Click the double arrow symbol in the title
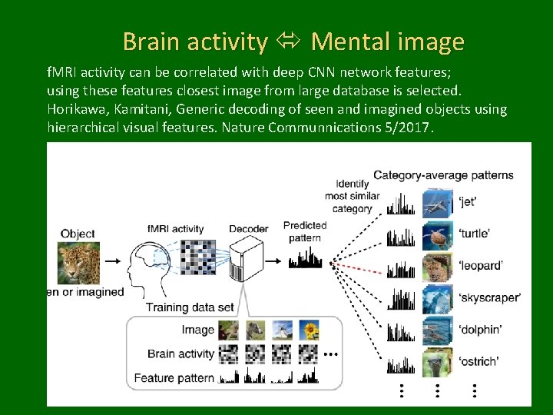tap(289, 41)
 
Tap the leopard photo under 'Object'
tap(78, 261)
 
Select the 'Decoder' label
tap(248, 228)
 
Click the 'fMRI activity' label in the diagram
tap(175, 228)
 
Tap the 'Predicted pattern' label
tap(305, 231)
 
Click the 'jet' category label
tap(468, 202)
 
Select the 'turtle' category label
tap(474, 234)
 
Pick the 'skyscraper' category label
tap(489, 297)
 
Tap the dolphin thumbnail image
tap(437, 330)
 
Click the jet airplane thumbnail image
tap(437, 202)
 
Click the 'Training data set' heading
tap(190, 307)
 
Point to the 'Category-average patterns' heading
tap(443, 175)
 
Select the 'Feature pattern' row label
tap(174, 378)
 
